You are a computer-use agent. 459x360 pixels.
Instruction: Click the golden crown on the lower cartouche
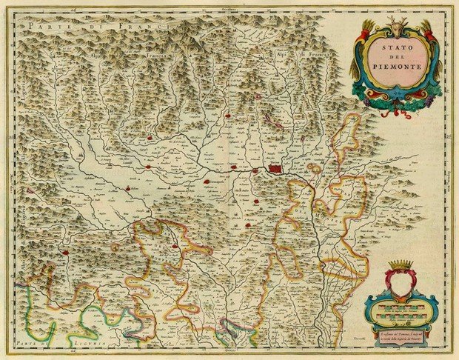403,265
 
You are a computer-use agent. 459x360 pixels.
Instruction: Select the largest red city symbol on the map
276,170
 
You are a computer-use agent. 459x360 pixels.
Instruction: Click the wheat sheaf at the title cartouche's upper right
427,31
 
